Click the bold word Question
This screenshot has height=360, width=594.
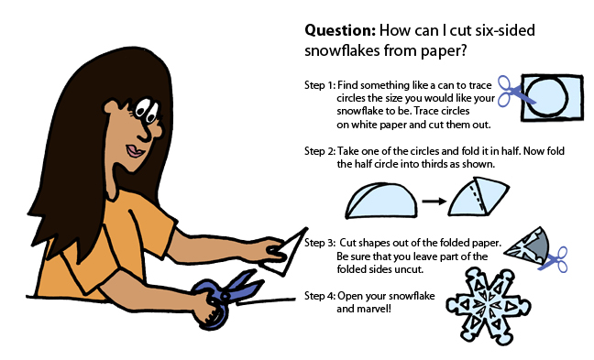[x=340, y=30]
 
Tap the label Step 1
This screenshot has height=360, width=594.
[x=320, y=85]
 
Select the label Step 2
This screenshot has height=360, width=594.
[x=320, y=151]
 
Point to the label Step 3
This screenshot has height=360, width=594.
[x=320, y=243]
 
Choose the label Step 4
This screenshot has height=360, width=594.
[x=320, y=296]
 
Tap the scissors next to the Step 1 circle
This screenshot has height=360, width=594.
[x=514, y=92]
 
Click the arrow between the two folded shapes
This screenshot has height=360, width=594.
[x=434, y=202]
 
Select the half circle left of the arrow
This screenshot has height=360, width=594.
[x=381, y=201]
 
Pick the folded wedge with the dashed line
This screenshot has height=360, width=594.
[x=478, y=197]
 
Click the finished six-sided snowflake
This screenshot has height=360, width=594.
[x=488, y=306]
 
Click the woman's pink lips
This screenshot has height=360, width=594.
[x=135, y=151]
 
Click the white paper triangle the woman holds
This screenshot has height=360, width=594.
[x=287, y=254]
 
